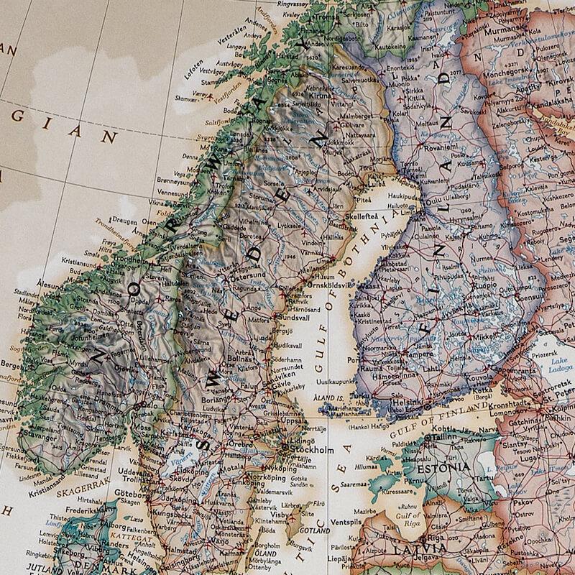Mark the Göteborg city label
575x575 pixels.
click(x=129, y=495)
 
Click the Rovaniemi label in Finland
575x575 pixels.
click(x=423, y=149)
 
